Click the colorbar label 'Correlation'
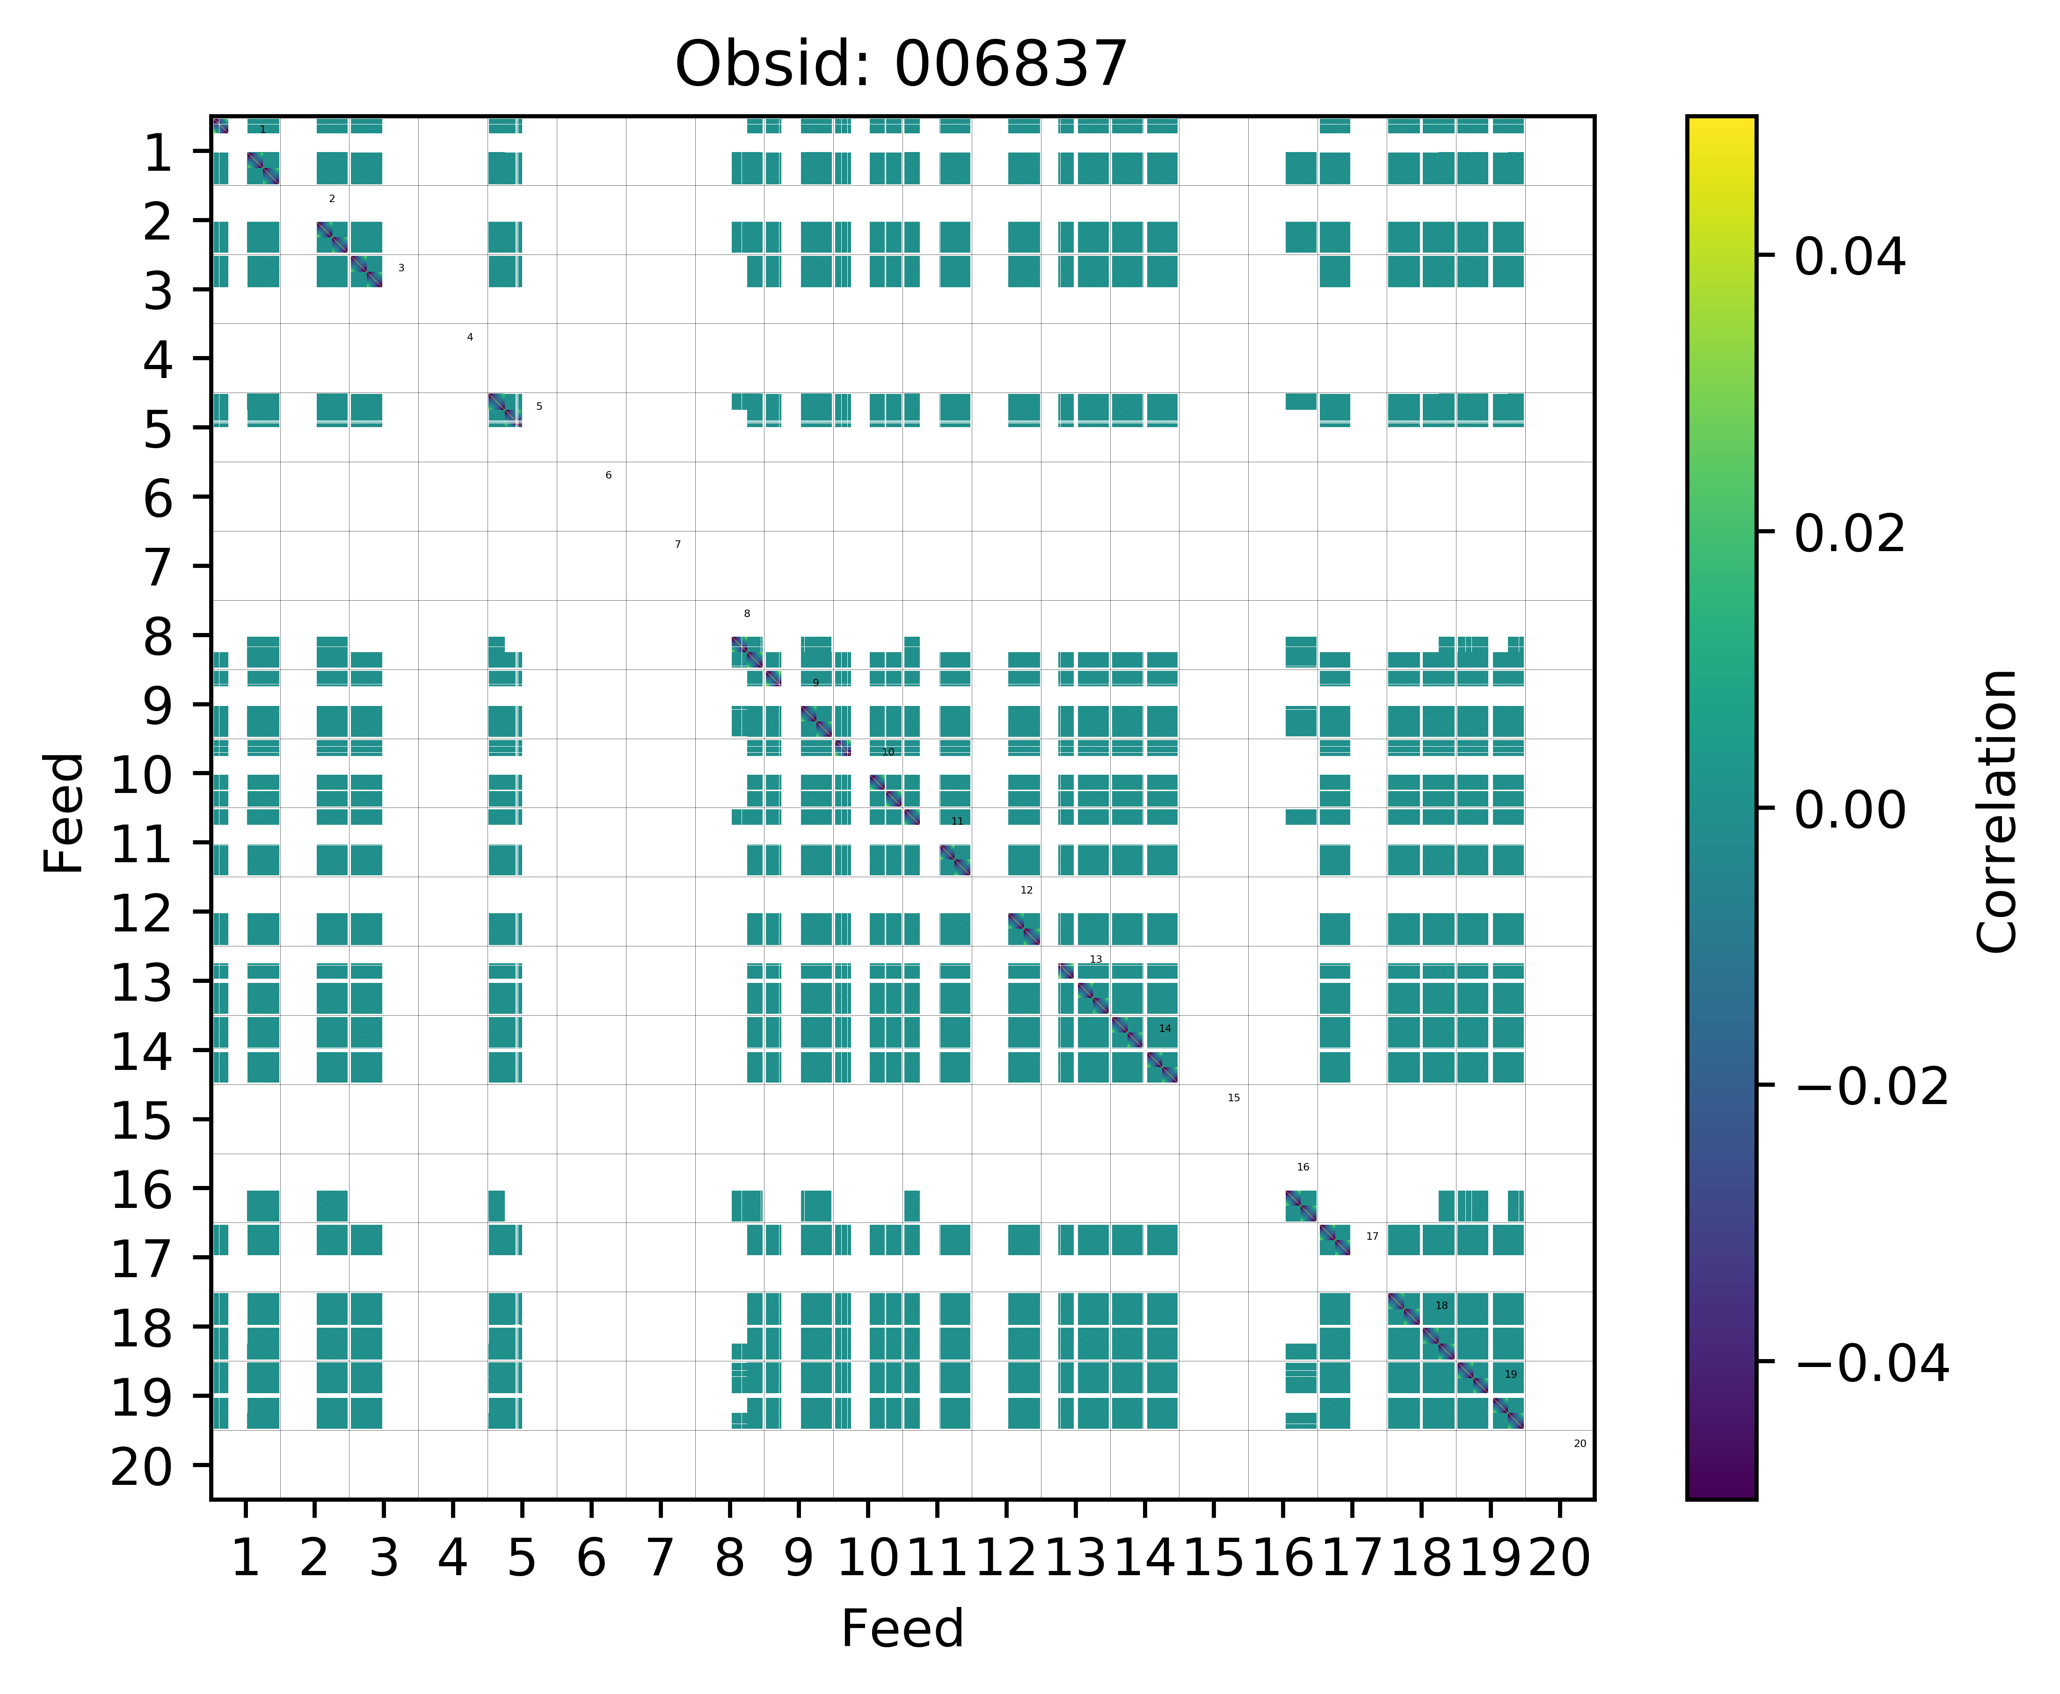1996,810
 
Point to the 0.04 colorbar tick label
1849,258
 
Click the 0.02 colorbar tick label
1849,534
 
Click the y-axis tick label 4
158,360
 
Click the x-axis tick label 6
590,1558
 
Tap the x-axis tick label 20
1559,1558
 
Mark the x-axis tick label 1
245,1558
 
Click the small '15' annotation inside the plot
1233,1098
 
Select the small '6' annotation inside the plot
608,475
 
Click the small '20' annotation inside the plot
1580,1443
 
